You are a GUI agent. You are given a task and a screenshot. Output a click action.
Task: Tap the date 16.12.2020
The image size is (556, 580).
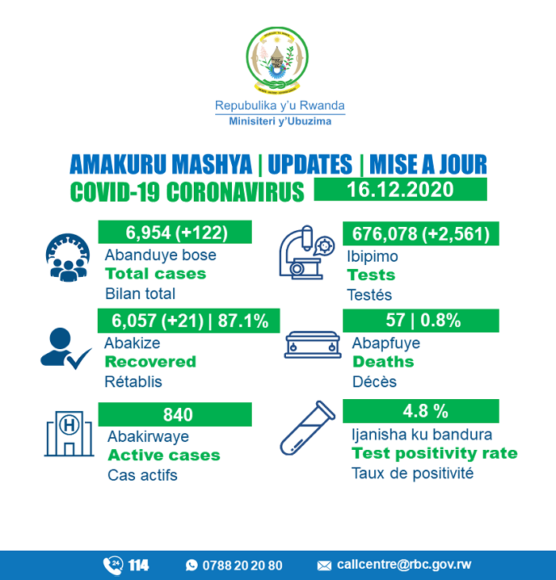point(400,190)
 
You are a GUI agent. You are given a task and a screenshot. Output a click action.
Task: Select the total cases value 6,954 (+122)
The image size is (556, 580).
point(176,232)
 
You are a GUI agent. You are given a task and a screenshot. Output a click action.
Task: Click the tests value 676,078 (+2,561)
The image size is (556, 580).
point(420,233)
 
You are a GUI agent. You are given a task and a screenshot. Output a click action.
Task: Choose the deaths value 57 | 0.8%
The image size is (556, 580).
point(420,321)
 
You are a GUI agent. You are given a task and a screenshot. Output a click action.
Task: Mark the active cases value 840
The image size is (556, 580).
point(176,414)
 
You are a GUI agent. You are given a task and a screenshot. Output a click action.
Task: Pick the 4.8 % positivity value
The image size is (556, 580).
point(420,412)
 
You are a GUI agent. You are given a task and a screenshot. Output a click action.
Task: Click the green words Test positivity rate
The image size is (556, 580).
point(434,454)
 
